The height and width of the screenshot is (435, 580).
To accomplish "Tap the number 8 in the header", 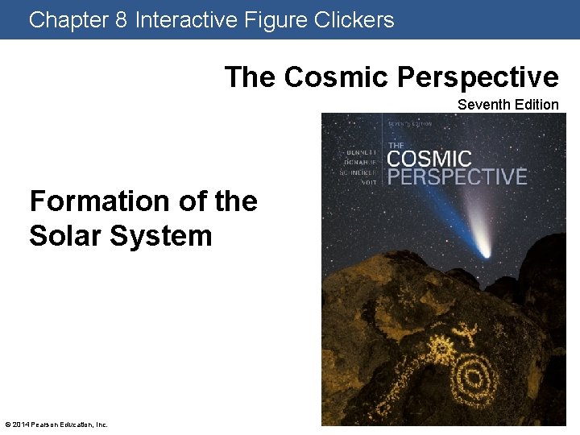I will point(122,19).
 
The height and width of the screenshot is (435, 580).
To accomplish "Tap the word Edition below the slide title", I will point(536,104).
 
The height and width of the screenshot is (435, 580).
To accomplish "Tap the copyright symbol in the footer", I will point(7,425).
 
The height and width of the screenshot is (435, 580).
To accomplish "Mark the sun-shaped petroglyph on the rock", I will point(440,352).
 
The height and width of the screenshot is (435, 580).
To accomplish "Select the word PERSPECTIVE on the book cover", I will point(457,176).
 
